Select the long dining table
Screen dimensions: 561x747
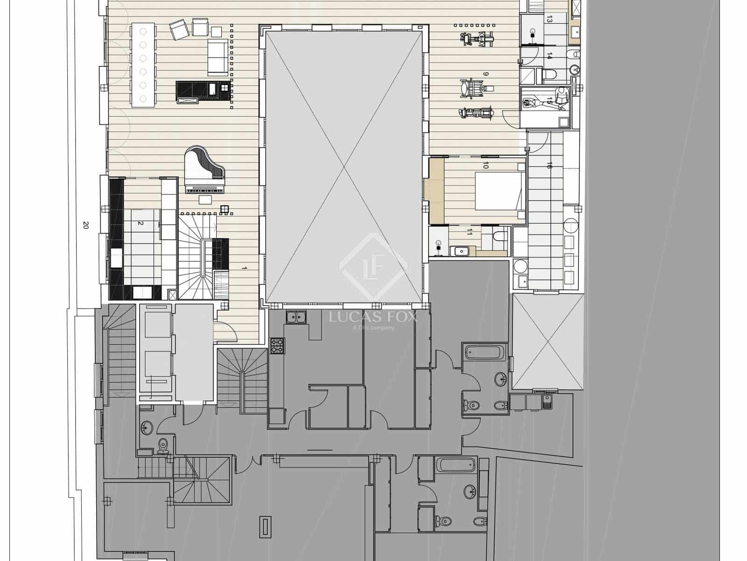143,65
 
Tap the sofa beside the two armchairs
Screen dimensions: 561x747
217,57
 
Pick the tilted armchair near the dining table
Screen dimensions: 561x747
178,30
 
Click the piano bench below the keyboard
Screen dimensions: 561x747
205,200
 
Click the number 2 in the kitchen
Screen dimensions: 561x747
140,223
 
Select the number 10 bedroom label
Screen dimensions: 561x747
486,165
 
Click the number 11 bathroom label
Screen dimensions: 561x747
470,231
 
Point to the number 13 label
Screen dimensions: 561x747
550,20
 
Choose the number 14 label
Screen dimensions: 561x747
550,56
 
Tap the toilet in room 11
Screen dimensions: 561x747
499,235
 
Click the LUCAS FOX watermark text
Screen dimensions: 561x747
373,317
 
